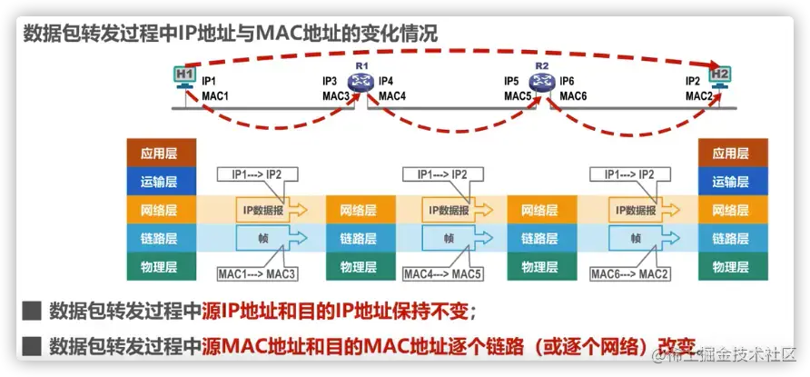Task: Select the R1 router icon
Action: pos(361,84)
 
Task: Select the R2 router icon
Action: pos(542,84)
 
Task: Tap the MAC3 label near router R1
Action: pos(335,95)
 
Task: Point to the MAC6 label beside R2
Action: pos(573,95)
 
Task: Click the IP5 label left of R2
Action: pos(512,81)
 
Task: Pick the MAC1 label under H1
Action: pos(215,95)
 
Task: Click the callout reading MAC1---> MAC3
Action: pos(258,273)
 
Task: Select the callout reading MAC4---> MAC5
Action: pos(442,273)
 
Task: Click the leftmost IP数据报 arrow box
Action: pos(271,210)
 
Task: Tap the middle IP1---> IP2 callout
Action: pos(442,174)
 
